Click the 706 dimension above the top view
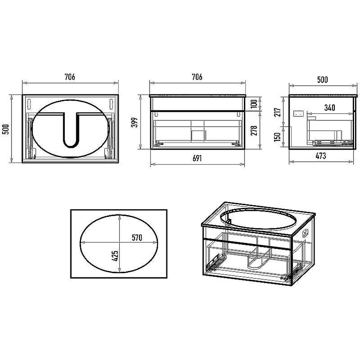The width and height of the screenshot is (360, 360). (x=70, y=76)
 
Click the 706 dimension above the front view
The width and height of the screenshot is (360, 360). (x=197, y=76)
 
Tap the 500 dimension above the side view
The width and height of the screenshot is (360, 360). (x=323, y=80)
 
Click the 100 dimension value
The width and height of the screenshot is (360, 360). (x=254, y=103)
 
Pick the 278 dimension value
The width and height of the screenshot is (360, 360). (x=254, y=130)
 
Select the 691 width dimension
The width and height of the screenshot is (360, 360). (x=197, y=158)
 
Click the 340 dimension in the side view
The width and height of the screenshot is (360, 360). (x=330, y=108)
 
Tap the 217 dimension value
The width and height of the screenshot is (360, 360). (x=278, y=112)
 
